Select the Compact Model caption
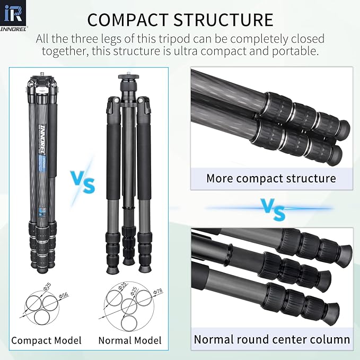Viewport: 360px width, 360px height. click(x=46, y=340)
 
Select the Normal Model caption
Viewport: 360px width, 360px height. click(x=130, y=340)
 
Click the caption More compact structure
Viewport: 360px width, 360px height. click(x=271, y=178)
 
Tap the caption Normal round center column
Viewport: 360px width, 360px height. click(x=271, y=339)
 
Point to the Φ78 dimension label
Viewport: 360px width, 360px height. click(x=157, y=291)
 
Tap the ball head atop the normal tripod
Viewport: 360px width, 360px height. click(x=129, y=82)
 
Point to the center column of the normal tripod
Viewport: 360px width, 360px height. click(x=129, y=159)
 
